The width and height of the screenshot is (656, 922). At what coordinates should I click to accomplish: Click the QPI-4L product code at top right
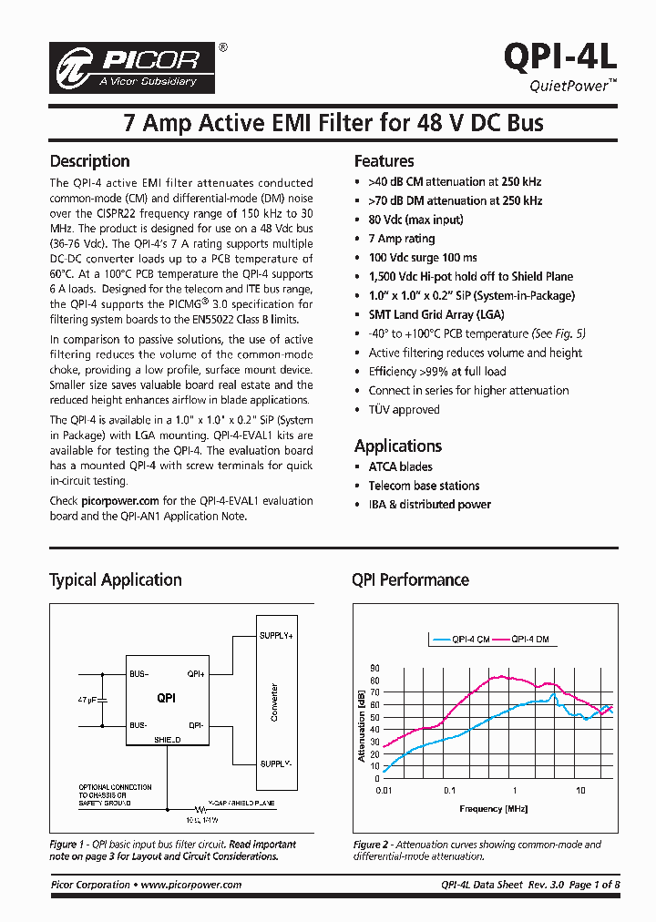coord(560,55)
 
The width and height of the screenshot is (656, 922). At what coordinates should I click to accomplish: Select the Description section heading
coord(89,161)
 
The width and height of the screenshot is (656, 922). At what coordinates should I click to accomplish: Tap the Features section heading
coord(384,161)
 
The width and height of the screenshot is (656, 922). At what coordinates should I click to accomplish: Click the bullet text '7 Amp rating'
coord(401,239)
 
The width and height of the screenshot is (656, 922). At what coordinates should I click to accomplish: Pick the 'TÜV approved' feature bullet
coord(404,409)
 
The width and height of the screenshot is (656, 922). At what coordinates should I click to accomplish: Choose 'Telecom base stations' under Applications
coord(424,486)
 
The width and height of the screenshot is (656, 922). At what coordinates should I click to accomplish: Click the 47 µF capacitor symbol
coord(102,700)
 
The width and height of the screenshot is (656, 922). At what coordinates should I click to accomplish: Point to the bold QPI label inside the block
coord(166,698)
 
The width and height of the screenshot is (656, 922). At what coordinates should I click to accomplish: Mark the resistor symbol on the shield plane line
coord(198,807)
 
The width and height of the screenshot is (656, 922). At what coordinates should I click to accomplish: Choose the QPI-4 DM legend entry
coord(528,640)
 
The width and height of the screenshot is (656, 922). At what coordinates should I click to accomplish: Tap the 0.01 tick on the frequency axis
coord(383,790)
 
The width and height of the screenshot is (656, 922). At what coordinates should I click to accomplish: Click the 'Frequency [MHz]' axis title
coord(480,808)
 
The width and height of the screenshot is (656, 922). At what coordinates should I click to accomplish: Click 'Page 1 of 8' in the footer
coord(594,885)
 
